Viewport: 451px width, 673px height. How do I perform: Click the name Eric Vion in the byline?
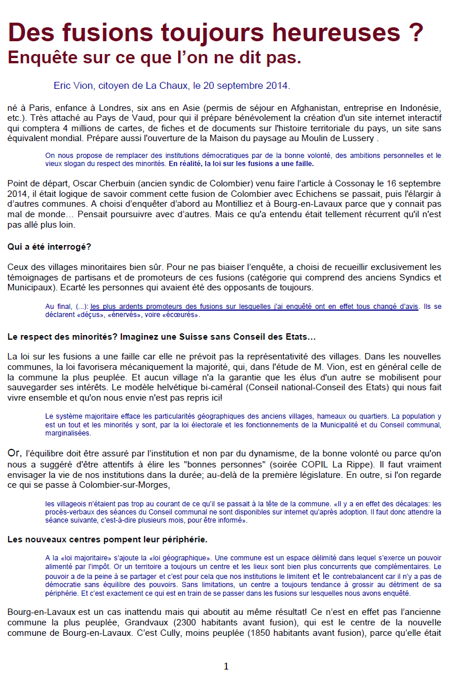click(x=74, y=86)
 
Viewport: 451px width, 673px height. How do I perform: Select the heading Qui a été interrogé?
click(x=49, y=246)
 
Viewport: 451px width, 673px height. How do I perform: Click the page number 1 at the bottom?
click(x=226, y=666)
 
